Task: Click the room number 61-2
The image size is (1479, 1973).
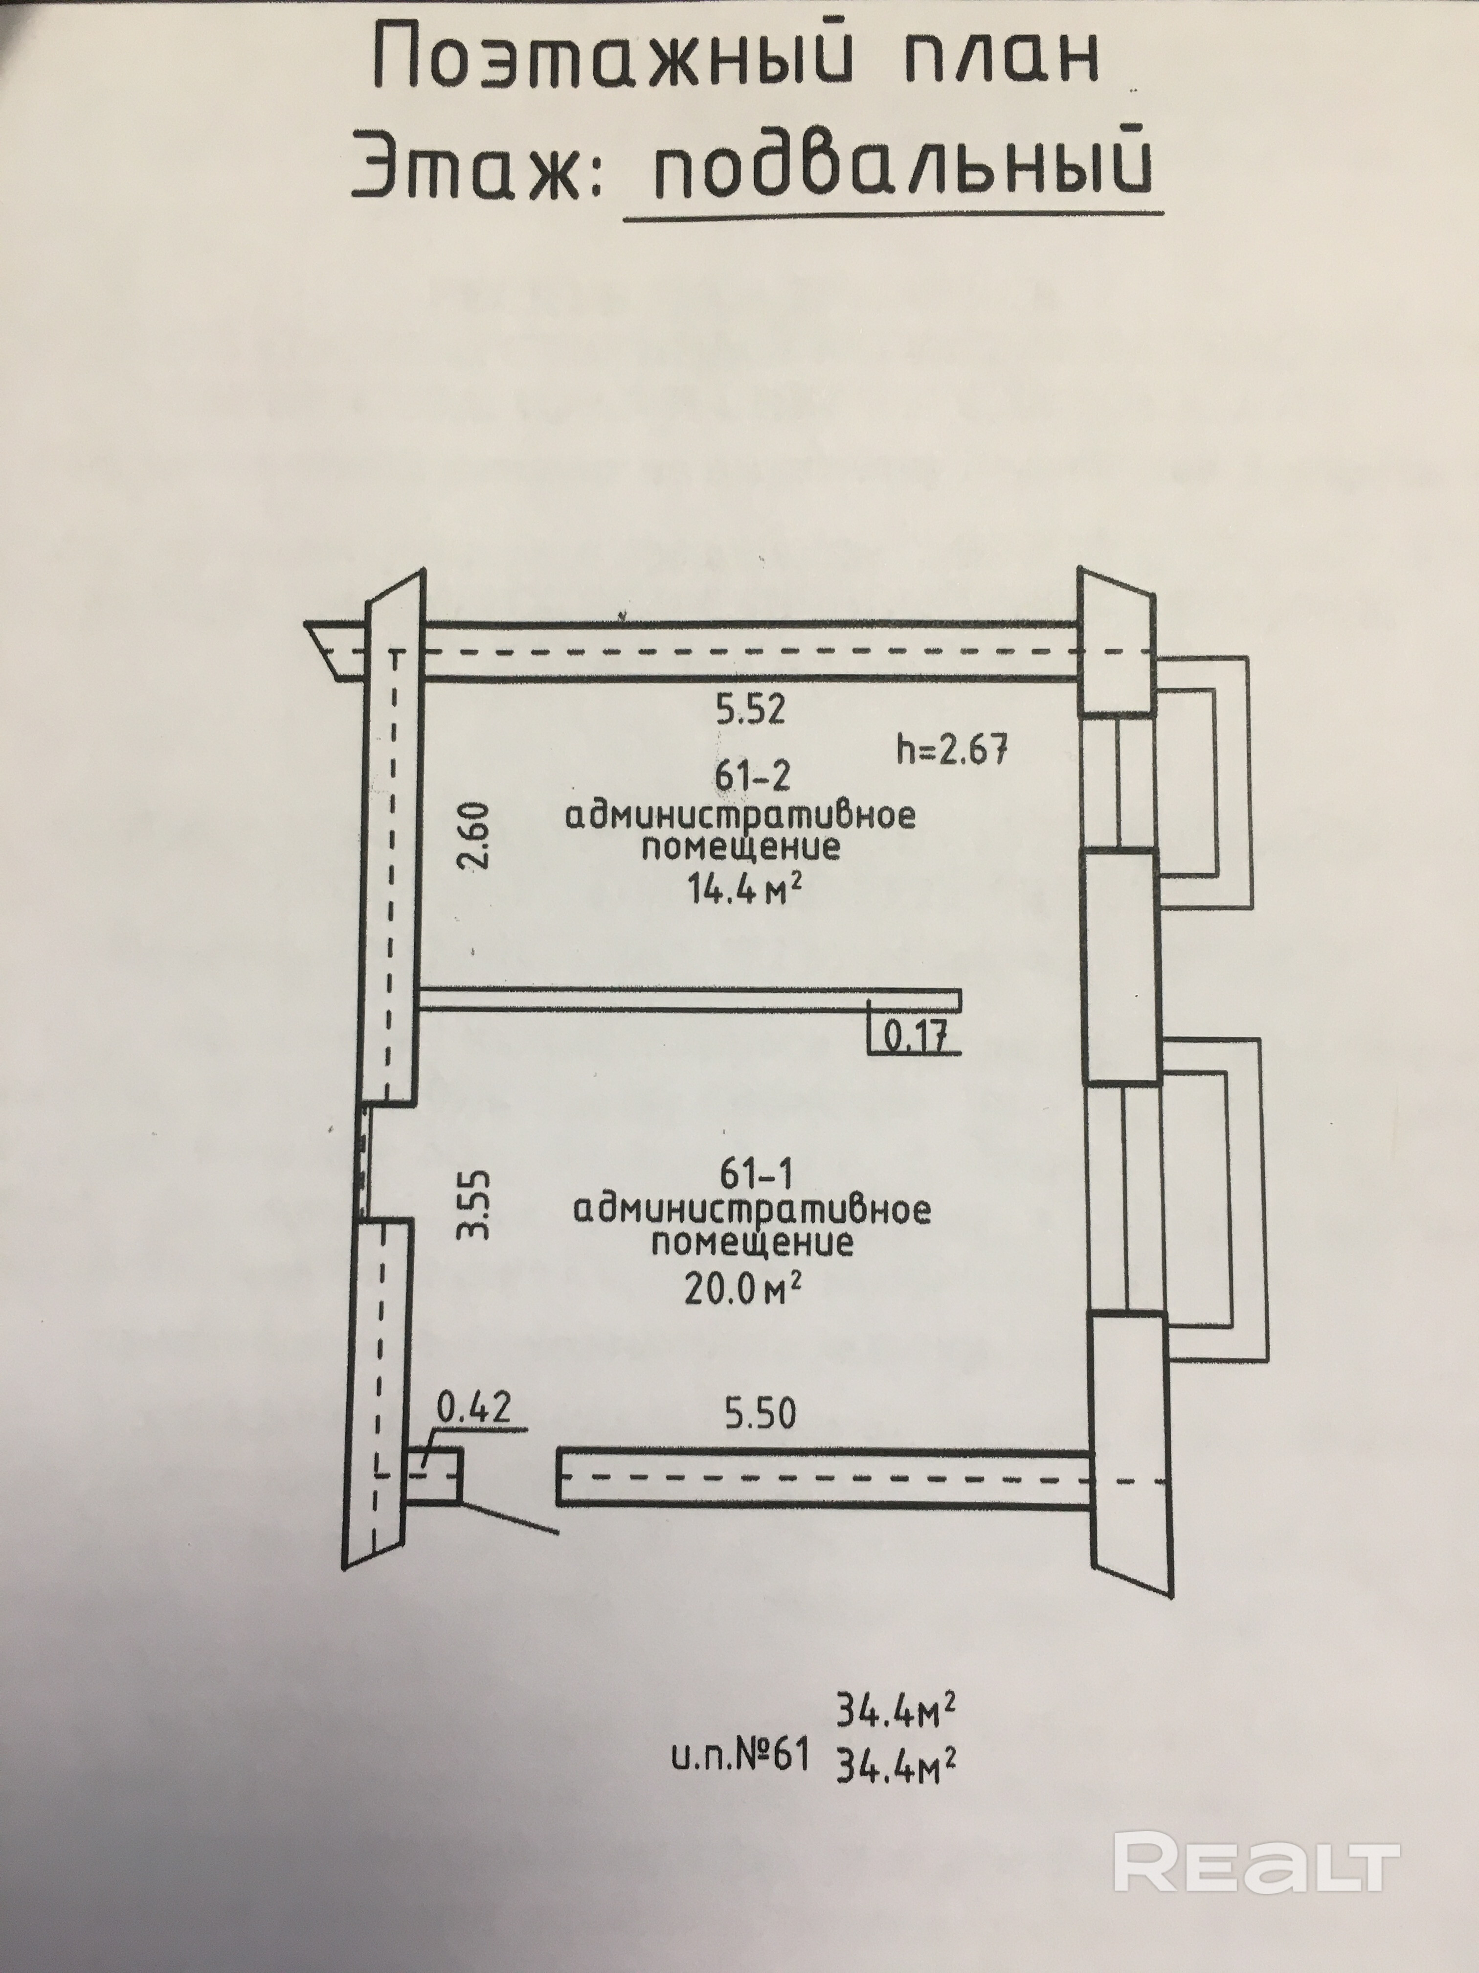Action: click(x=752, y=777)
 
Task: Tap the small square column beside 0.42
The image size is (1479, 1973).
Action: click(x=435, y=1474)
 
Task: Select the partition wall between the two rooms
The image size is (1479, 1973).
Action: click(x=687, y=999)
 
